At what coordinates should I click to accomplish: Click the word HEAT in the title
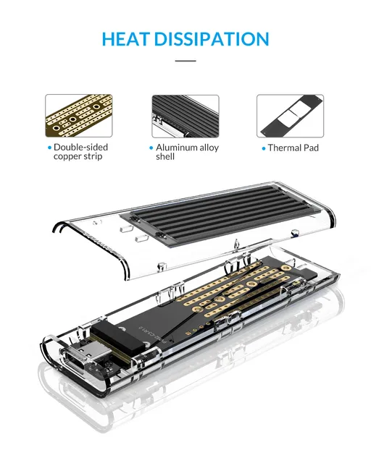pyautogui.click(x=128, y=39)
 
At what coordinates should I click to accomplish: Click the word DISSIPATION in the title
pyautogui.click(x=213, y=39)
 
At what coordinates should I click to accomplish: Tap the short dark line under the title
pyautogui.click(x=185, y=61)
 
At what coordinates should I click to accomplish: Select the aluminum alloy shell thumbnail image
pyautogui.click(x=185, y=116)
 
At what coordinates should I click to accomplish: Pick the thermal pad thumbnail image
pyautogui.click(x=291, y=116)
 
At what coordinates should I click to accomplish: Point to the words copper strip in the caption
pyautogui.click(x=78, y=157)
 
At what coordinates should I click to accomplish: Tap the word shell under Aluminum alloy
pyautogui.click(x=165, y=157)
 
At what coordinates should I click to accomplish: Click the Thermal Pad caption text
pyautogui.click(x=293, y=148)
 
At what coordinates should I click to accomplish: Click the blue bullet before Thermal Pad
pyautogui.click(x=263, y=148)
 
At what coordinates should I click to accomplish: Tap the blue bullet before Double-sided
pyautogui.click(x=49, y=148)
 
